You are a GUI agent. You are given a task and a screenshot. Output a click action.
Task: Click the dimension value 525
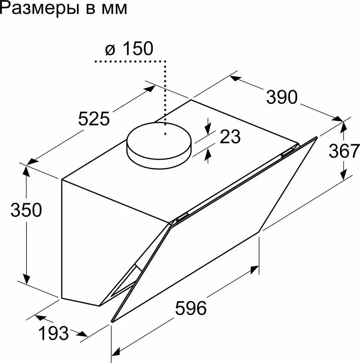click(x=94, y=119)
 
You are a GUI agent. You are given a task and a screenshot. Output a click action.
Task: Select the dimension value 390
click(x=282, y=97)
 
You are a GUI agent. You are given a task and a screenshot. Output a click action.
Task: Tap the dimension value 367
click(x=344, y=151)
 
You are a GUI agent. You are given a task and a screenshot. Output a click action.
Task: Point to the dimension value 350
click(x=26, y=210)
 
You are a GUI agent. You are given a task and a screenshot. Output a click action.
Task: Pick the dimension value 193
click(x=54, y=333)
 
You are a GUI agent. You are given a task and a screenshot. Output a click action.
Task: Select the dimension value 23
click(x=230, y=137)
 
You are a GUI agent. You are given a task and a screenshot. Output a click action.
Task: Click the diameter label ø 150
click(x=129, y=49)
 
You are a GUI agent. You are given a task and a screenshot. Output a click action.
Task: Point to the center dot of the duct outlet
click(x=165, y=134)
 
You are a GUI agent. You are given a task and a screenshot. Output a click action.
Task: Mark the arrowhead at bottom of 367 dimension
click(x=344, y=175)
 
